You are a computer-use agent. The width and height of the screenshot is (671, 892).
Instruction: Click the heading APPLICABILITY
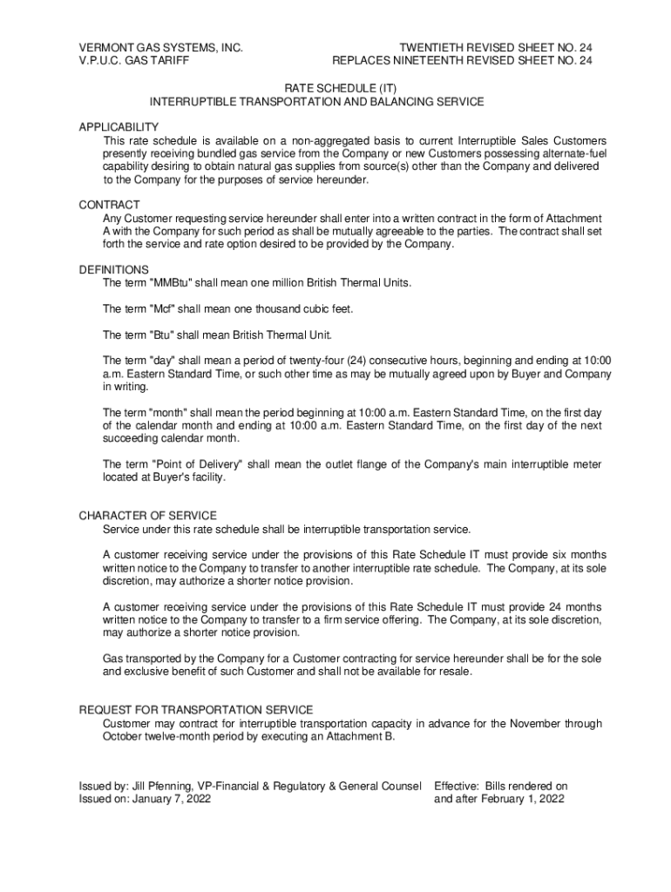click(119, 127)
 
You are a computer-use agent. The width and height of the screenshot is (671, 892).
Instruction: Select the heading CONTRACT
click(109, 205)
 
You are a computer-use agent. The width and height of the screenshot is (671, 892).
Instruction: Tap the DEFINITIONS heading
click(113, 270)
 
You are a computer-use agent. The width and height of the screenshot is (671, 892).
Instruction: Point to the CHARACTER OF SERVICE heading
click(147, 516)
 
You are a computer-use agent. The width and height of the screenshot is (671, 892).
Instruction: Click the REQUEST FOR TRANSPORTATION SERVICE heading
click(196, 710)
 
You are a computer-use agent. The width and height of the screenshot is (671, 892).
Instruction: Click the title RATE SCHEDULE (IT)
click(335, 89)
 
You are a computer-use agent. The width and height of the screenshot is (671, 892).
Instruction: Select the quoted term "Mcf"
click(169, 309)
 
